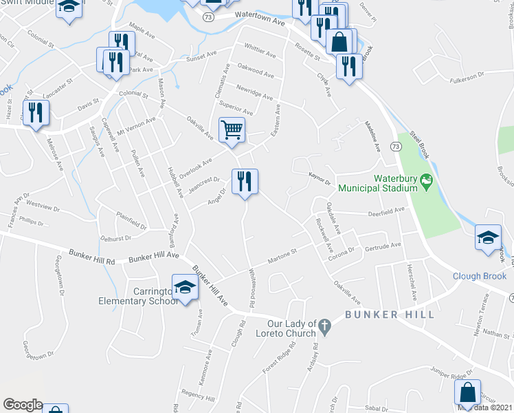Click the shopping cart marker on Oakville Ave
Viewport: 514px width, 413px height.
tap(232, 130)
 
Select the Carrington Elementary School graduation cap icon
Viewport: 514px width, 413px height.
tap(184, 288)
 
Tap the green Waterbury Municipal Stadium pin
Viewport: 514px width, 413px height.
tap(426, 182)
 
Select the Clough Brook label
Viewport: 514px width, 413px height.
tap(479, 277)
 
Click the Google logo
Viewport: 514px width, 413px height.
tap(23, 405)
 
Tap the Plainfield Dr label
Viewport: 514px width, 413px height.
tap(131, 220)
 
